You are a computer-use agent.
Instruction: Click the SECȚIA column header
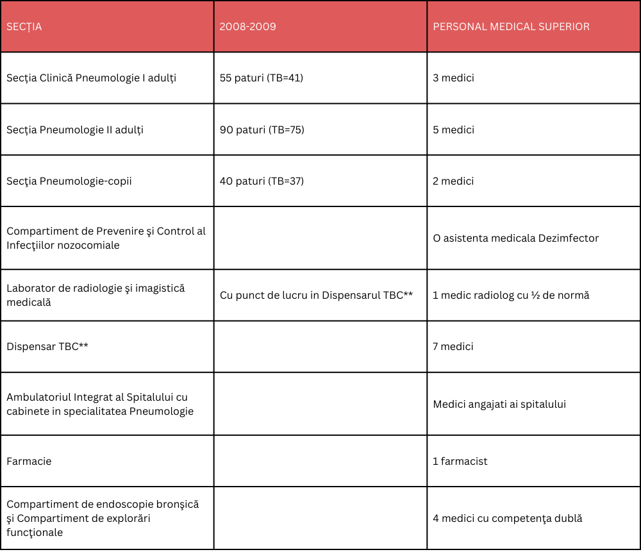click(24, 27)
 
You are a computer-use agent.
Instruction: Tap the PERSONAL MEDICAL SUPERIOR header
click(511, 27)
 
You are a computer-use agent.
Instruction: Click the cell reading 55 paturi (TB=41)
click(262, 78)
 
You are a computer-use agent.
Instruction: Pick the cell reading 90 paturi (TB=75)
click(262, 130)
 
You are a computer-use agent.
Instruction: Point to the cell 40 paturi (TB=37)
click(262, 181)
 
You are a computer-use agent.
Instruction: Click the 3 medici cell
click(453, 78)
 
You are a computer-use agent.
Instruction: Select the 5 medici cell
click(453, 130)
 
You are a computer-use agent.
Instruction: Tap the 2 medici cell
click(453, 181)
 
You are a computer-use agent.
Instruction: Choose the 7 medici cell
click(453, 346)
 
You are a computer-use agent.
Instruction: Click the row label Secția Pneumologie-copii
click(69, 181)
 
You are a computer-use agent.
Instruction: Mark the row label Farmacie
click(29, 461)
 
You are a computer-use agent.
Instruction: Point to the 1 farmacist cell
click(460, 461)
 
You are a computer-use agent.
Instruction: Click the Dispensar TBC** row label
click(47, 346)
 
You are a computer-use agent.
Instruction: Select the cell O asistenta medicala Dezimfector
click(515, 238)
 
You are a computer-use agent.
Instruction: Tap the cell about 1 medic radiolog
click(511, 296)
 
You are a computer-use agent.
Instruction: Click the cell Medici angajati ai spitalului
click(499, 404)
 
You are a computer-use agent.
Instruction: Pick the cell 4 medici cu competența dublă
click(508, 519)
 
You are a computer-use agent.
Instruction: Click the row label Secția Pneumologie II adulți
click(75, 130)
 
